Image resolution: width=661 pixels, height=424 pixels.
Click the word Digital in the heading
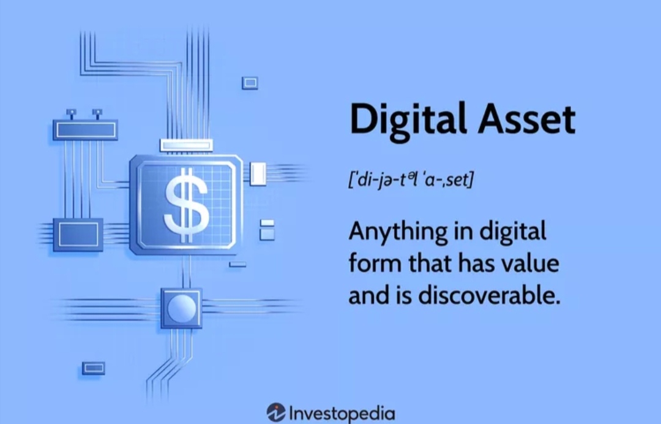click(408, 120)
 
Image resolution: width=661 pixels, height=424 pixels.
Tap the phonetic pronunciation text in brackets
click(411, 180)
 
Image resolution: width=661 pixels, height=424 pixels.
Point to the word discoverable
click(490, 295)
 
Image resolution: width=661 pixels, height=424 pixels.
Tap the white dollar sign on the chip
click(186, 205)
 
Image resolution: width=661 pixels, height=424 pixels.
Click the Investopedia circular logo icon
click(276, 412)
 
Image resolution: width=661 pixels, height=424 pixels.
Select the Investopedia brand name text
click(342, 413)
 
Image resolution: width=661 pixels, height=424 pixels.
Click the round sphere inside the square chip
click(181, 308)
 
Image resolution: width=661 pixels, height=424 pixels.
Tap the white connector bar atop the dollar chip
click(186, 146)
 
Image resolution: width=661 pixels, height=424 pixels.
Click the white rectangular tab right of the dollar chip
click(258, 174)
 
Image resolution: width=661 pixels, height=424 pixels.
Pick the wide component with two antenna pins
click(85, 129)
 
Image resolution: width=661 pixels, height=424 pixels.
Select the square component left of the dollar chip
click(78, 235)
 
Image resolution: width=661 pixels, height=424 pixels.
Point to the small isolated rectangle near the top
click(250, 83)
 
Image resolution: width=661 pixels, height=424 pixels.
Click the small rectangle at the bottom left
click(93, 368)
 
